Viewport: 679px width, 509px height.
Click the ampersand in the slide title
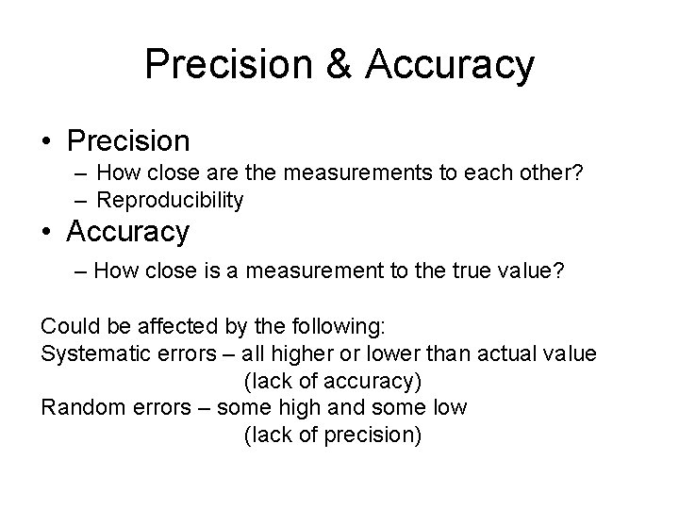pos(344,65)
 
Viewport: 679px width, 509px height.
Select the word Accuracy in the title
pos(449,65)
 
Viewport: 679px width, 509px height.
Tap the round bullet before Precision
pos(47,142)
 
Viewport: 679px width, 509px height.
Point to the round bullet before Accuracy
pos(47,230)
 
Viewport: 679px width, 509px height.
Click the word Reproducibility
pos(170,200)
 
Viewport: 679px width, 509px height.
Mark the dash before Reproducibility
pos(81,200)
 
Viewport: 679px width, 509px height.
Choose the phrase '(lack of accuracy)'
pos(332,383)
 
